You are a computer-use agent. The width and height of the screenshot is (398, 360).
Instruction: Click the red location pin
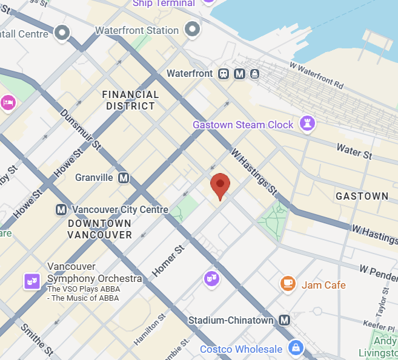(x=220, y=185)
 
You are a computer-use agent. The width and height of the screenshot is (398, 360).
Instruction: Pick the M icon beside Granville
(x=124, y=178)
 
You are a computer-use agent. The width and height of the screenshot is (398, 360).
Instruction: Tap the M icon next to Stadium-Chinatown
(x=285, y=320)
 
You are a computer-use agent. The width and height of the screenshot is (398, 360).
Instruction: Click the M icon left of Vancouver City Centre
(x=61, y=210)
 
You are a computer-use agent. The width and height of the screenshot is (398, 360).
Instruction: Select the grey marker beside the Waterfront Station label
(x=193, y=28)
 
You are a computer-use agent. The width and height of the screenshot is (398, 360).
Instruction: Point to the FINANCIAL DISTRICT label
(x=131, y=100)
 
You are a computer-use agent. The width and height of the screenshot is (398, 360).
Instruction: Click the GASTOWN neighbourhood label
(x=362, y=196)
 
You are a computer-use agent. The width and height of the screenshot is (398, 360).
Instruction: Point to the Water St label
(x=354, y=151)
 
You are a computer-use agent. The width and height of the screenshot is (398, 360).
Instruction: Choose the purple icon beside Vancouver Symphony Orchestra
(x=32, y=281)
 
